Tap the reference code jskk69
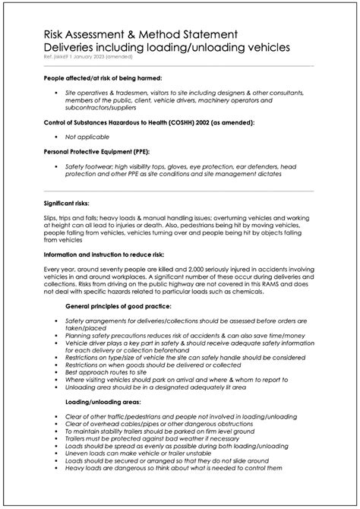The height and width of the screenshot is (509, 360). coord(64,58)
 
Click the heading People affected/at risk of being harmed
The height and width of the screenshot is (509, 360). coord(103,78)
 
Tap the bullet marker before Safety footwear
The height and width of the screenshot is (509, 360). coord(56,166)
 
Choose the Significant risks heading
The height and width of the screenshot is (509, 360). coord(67,204)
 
